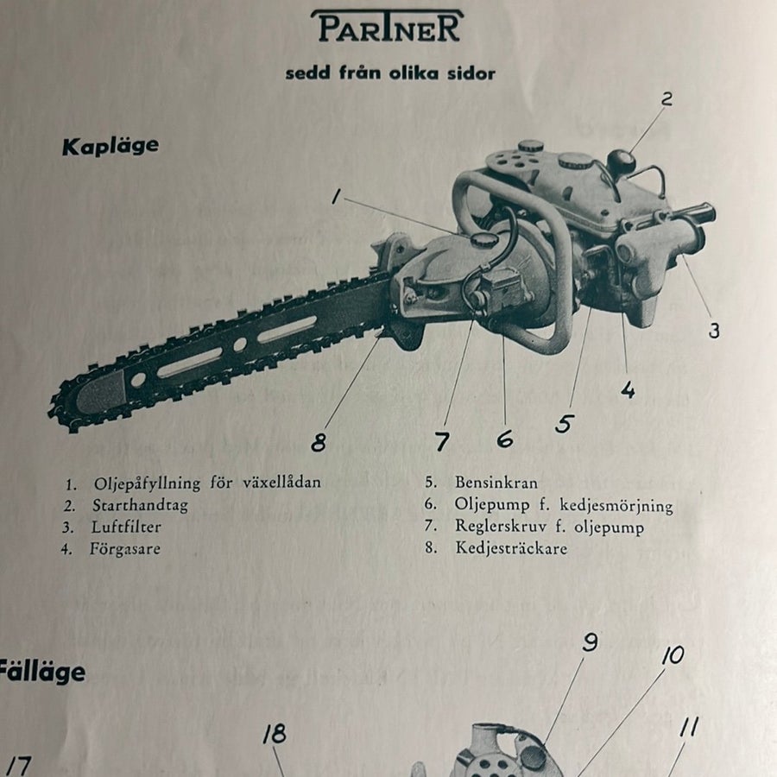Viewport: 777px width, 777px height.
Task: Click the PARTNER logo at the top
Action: [388, 27]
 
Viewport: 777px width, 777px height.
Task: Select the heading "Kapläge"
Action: [111, 147]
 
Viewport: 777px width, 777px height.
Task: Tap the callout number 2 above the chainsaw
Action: [666, 99]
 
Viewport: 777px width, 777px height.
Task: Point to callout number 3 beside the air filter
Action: [714, 331]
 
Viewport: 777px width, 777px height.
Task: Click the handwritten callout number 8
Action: [319, 442]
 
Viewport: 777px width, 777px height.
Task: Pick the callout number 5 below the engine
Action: [565, 424]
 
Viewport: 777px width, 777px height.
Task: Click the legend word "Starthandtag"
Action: [140, 505]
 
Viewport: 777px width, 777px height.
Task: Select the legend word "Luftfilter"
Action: [126, 527]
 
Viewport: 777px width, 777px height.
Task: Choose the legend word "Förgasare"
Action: [125, 549]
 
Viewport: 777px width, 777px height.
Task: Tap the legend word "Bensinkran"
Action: [496, 483]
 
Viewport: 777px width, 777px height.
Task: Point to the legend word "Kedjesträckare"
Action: [511, 548]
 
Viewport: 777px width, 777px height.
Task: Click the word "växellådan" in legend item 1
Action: [281, 482]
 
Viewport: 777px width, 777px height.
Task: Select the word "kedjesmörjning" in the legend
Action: [616, 505]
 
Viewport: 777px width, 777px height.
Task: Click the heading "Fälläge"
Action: [41, 673]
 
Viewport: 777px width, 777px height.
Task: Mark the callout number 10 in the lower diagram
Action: [673, 655]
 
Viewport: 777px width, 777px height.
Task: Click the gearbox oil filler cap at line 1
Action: [480, 240]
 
